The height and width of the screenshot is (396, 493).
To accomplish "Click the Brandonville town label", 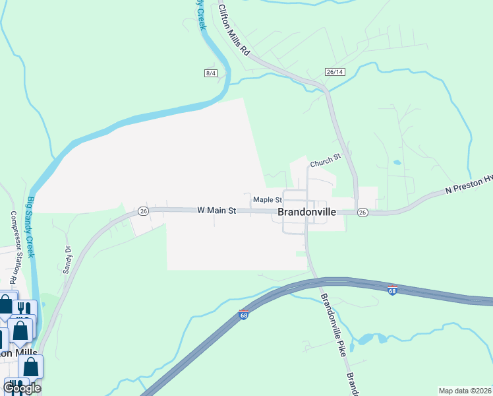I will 307,213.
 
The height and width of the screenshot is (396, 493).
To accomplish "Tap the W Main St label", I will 216,211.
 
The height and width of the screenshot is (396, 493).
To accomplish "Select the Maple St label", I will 268,199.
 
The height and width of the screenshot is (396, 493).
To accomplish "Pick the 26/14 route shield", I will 335,71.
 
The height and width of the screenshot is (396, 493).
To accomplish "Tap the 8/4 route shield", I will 211,73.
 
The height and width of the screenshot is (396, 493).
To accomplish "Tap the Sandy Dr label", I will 67,259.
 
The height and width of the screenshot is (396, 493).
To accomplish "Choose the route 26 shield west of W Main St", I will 143,211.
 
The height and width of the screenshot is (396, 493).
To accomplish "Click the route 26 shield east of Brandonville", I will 362,213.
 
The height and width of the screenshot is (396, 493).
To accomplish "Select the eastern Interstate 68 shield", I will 392,290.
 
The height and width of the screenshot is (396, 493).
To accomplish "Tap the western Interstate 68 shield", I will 243,314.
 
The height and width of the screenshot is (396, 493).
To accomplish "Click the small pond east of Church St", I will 397,162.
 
